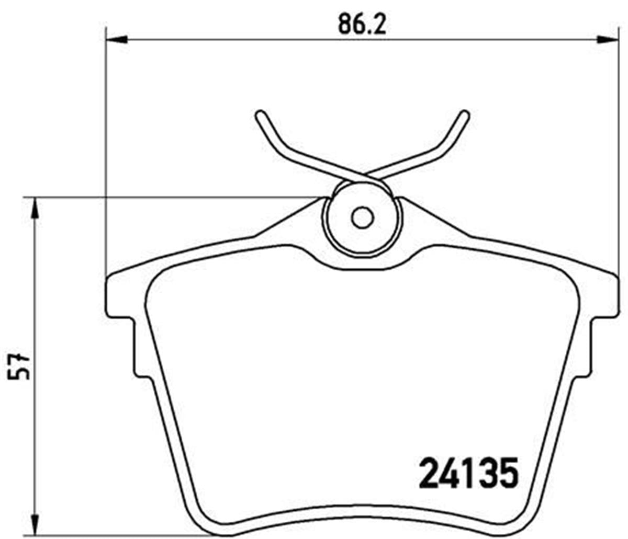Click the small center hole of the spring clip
(361, 217)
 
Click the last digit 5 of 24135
(507, 474)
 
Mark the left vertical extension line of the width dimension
(106, 157)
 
